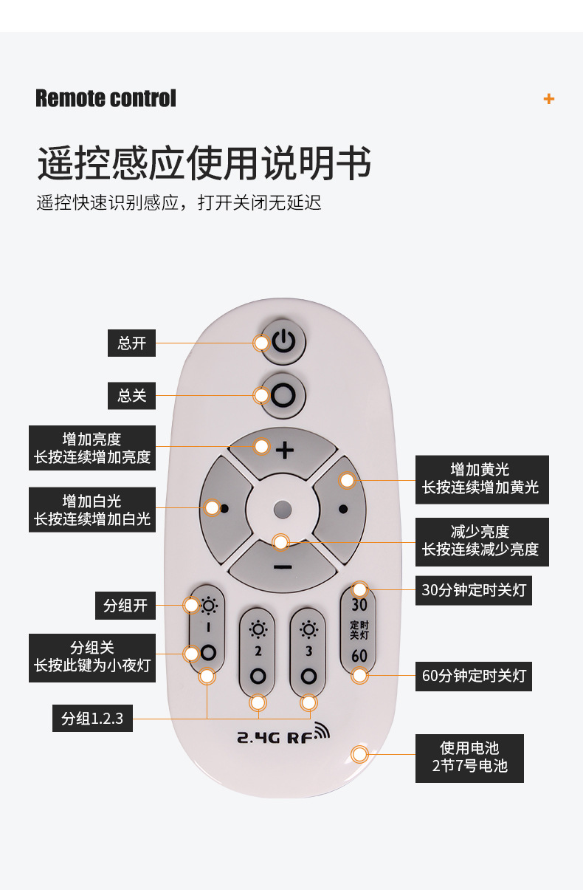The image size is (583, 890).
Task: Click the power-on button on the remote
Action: tap(284, 342)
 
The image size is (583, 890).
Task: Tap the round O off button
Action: tap(283, 395)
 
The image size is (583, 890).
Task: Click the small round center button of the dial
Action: tap(282, 509)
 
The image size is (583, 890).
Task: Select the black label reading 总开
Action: tap(132, 343)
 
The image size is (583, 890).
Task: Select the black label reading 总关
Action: tap(132, 396)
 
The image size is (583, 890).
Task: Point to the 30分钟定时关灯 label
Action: tap(473, 590)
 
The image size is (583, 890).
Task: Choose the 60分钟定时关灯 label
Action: tap(473, 676)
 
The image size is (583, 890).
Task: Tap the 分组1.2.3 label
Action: tap(92, 718)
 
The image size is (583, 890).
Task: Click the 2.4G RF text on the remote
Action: tap(283, 735)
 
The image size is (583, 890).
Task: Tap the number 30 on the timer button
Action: tap(359, 605)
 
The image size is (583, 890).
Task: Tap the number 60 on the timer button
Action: tap(359, 656)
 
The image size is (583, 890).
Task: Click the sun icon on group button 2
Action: tap(258, 629)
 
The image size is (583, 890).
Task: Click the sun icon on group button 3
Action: tap(308, 629)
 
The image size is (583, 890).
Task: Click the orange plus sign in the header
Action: tap(548, 99)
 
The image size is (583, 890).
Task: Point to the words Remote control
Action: tap(106, 98)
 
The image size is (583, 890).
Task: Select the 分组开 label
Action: tap(125, 606)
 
